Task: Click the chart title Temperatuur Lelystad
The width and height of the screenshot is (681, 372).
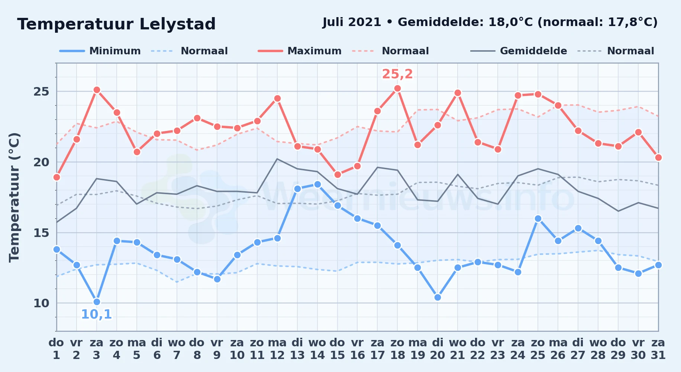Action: click(x=116, y=24)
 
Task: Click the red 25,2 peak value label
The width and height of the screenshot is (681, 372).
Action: click(x=397, y=74)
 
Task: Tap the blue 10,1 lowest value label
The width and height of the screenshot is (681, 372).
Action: click(x=96, y=314)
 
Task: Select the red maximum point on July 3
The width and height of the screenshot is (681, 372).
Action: click(x=97, y=90)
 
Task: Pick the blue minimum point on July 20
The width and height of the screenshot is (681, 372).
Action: click(x=438, y=297)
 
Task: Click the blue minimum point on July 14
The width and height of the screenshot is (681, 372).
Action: click(x=317, y=184)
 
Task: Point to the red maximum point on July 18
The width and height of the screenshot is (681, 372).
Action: click(x=397, y=88)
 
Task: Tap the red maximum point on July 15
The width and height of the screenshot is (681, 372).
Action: click(x=338, y=174)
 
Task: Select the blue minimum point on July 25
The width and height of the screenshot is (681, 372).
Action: click(x=538, y=218)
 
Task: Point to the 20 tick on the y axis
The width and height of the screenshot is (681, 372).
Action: click(x=41, y=162)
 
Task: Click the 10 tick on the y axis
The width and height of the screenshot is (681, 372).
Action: click(x=41, y=303)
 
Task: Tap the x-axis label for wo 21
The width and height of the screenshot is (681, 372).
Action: click(x=458, y=349)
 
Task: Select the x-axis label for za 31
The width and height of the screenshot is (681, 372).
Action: click(x=658, y=349)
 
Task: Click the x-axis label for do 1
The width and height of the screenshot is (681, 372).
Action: click(x=57, y=349)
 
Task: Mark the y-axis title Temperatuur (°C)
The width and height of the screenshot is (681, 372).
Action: click(x=14, y=198)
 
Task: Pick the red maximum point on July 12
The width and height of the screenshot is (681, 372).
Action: click(x=277, y=98)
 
